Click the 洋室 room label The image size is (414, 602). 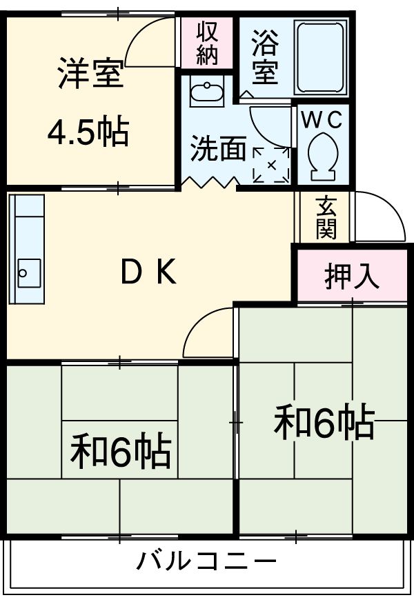pos(90,74)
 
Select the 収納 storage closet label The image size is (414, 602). pos(206,43)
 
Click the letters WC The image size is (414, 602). pos(321,119)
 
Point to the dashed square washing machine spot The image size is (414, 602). pos(270,165)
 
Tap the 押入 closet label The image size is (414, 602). pos(352,276)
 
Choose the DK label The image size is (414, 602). pos(148,274)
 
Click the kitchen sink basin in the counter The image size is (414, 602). pos(26,277)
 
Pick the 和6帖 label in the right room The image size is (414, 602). pos(324,422)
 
